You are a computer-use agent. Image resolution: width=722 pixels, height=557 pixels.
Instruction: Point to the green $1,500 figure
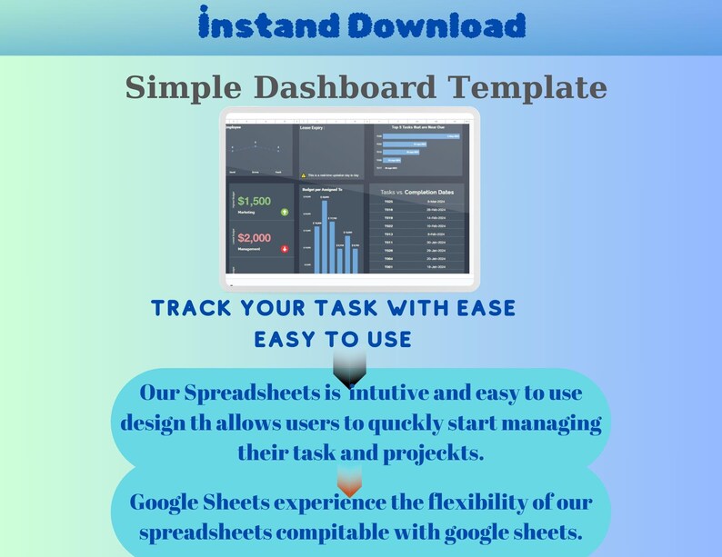coord(254,201)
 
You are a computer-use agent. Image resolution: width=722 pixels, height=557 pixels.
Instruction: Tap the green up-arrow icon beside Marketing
coord(285,212)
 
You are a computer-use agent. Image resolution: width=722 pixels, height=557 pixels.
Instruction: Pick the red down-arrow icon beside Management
coord(285,245)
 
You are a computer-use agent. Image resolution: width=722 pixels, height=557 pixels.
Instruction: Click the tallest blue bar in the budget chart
coord(325,235)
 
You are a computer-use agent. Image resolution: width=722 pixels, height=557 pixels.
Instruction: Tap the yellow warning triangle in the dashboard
coord(304,174)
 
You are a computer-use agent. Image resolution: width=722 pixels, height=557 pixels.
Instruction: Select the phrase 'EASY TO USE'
coord(333,339)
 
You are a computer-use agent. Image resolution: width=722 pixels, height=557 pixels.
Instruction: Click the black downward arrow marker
coord(350,369)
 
